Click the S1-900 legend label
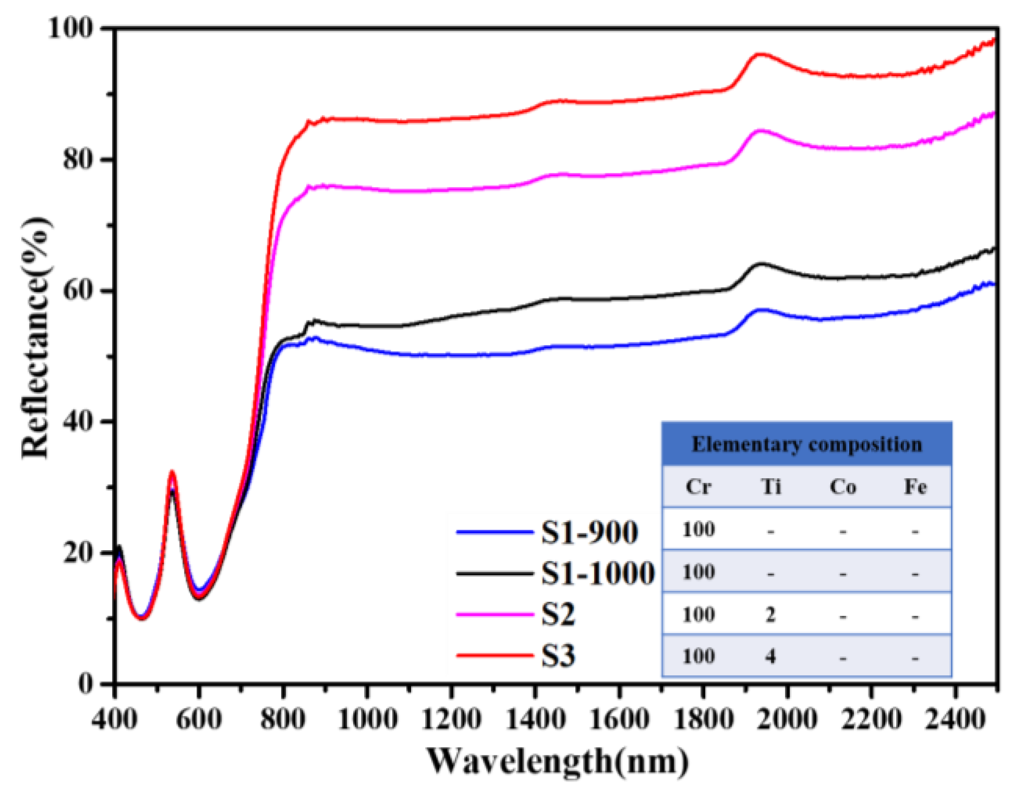pos(589,532)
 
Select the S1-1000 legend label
pos(598,573)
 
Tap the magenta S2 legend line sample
pos(494,614)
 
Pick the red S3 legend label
pos(558,655)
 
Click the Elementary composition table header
pos(806,444)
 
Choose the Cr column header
pos(698,487)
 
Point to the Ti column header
pos(771,487)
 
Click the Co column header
pos(842,487)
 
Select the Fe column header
pos(915,487)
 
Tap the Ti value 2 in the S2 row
pos(771,615)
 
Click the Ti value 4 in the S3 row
pos(771,656)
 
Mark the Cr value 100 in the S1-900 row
pos(698,530)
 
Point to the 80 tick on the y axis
pos(78,159)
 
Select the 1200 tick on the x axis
pos(451,719)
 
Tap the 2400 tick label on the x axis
pos(955,719)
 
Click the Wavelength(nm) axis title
pos(557,761)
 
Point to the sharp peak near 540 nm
pos(172,472)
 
